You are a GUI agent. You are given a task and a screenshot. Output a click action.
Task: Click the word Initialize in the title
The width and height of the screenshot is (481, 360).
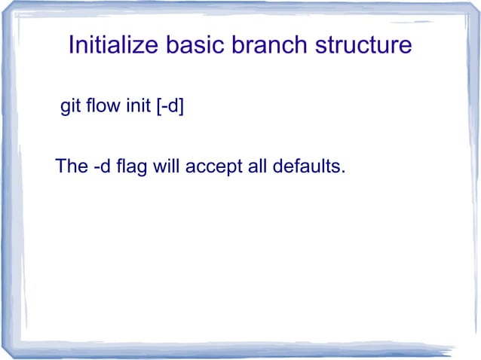(x=112, y=46)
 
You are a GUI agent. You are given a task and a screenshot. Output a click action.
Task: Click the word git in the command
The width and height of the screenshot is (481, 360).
(x=69, y=107)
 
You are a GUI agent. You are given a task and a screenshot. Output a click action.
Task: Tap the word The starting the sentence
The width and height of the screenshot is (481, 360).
(x=72, y=166)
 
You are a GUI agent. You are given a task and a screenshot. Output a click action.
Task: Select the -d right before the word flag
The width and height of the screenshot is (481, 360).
(x=103, y=166)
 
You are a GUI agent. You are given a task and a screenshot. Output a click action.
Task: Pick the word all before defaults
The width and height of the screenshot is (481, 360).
(x=256, y=166)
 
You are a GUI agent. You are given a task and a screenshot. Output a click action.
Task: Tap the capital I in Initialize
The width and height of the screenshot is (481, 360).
(x=71, y=46)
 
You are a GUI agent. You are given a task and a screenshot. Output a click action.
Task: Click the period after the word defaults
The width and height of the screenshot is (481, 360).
(x=343, y=172)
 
